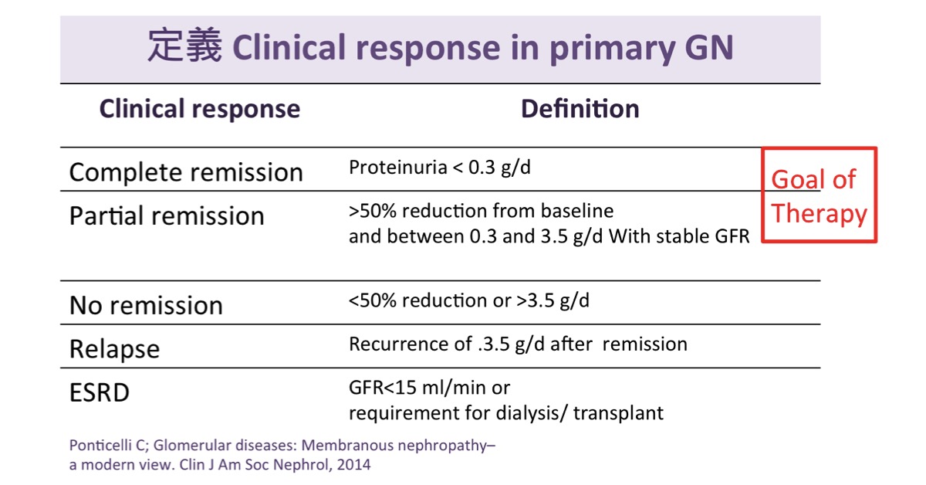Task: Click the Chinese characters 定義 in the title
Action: [x=184, y=46]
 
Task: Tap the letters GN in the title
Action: [x=709, y=48]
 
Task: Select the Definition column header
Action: [x=580, y=109]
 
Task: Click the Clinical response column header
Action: [x=200, y=109]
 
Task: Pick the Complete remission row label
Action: [x=186, y=172]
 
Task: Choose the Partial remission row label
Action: [x=167, y=215]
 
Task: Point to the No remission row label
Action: [x=146, y=305]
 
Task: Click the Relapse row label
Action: [x=114, y=350]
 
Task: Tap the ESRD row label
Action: [x=100, y=392]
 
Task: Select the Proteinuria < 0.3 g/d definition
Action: [x=439, y=168]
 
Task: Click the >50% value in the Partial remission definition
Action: [x=373, y=211]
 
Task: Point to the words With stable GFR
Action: [x=679, y=236]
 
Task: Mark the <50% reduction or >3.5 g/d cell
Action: [x=469, y=301]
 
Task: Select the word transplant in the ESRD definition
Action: [x=618, y=413]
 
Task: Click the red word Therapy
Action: [x=819, y=215]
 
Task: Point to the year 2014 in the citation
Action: [x=353, y=465]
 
